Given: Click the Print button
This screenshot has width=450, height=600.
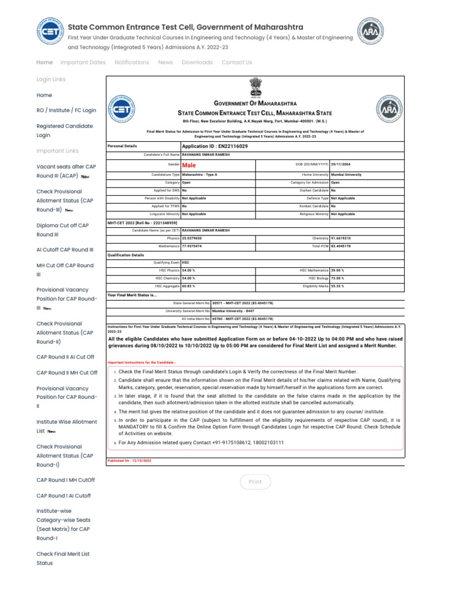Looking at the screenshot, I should click(255, 482).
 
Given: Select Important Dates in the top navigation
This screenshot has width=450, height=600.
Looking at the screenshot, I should click(83, 62).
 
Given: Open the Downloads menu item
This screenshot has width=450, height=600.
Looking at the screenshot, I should click(197, 62).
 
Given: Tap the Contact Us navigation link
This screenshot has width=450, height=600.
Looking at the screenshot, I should click(237, 62).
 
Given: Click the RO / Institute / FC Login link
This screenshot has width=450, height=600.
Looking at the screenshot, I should click(66, 110).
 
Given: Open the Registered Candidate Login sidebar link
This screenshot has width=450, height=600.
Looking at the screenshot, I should click(64, 131).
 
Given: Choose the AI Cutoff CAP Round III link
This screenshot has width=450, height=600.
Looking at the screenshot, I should click(64, 250).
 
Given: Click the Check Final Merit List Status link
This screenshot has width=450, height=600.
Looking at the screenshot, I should click(63, 558).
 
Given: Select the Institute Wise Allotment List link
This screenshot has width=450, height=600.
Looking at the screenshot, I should click(66, 426).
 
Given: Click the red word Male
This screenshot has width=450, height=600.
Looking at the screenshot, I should click(188, 165).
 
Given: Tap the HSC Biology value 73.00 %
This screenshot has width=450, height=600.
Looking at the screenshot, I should click(337, 278).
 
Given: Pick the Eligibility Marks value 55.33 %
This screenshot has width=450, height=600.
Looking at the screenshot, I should click(337, 286).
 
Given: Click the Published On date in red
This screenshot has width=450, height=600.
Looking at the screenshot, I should click(129, 461).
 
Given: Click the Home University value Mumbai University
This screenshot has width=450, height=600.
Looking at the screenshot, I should click(346, 175).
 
